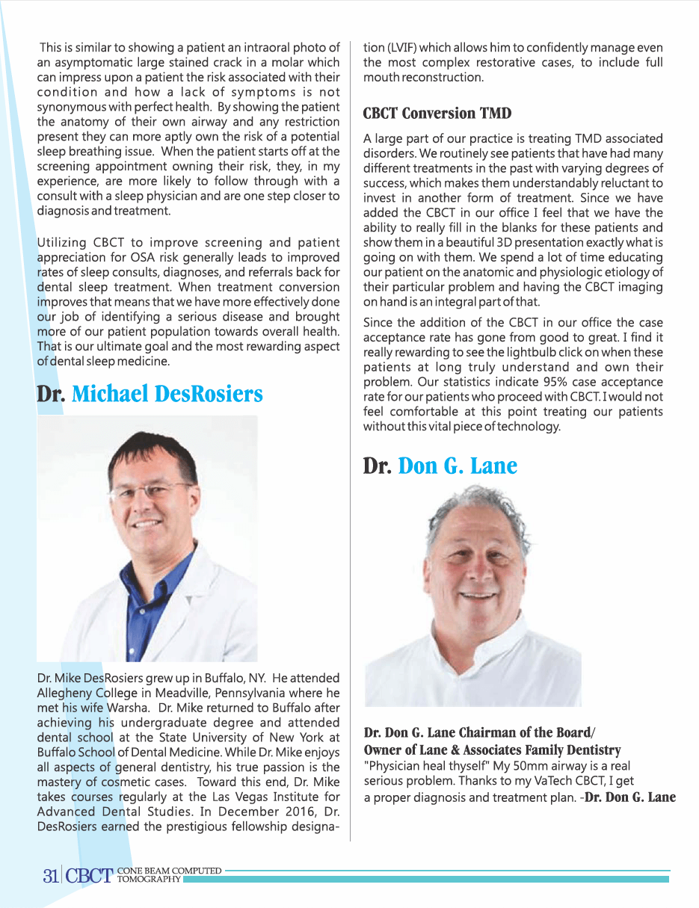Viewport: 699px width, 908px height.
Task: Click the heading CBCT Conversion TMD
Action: pos(437,114)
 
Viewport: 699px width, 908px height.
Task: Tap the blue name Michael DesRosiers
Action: pos(167,394)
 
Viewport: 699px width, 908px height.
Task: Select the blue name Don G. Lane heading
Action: pos(458,466)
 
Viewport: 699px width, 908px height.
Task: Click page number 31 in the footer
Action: pos(50,877)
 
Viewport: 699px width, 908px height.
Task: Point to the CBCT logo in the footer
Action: pos(89,877)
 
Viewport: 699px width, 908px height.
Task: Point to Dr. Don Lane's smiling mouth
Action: pos(479,598)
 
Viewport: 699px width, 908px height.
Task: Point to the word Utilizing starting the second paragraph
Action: pos(64,242)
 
